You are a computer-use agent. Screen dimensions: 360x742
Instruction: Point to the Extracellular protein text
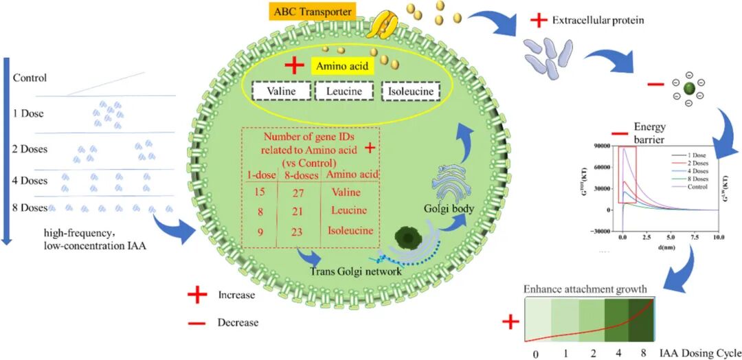coord(598,20)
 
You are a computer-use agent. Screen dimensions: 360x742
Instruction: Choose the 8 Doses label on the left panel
coord(30,207)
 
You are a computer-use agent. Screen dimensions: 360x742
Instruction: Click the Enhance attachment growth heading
coord(585,289)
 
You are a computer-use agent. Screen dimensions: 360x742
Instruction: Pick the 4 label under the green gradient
coord(620,353)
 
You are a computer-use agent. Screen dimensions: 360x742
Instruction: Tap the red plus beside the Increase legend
coord(197,295)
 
